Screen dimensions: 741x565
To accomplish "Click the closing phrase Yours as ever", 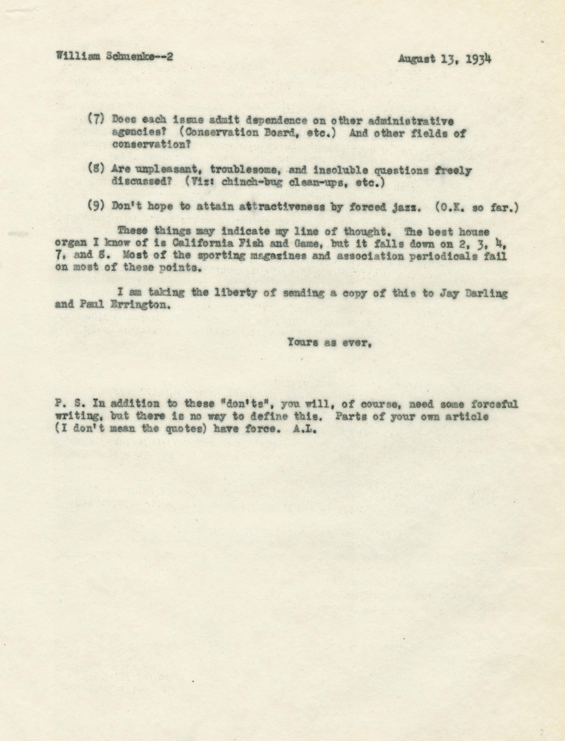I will point(329,343).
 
